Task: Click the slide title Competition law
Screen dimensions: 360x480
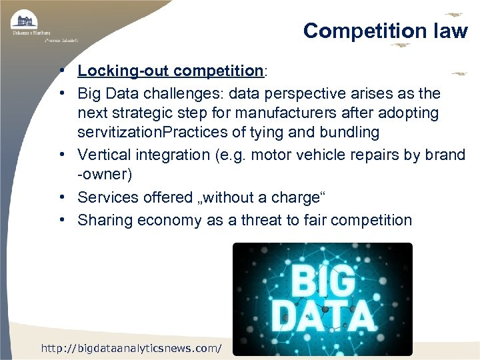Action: click(x=385, y=31)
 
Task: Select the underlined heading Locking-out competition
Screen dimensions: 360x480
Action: click(x=171, y=71)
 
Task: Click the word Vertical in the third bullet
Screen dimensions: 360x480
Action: click(x=105, y=155)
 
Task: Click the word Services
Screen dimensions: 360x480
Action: click(x=108, y=197)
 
